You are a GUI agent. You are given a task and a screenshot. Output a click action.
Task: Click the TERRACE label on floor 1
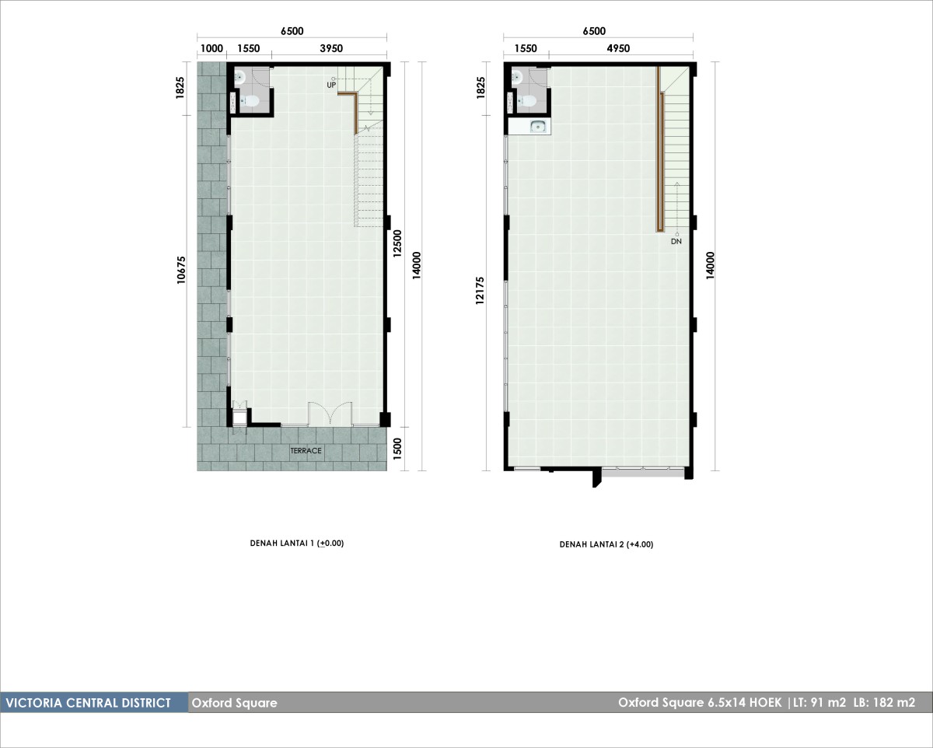[306, 450]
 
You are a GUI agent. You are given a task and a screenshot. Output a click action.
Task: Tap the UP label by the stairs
[331, 85]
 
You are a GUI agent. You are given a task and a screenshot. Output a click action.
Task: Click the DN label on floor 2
[676, 242]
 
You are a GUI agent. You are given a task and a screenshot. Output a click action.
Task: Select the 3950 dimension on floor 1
[331, 48]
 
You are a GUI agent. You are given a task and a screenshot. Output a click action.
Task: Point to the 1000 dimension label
[211, 48]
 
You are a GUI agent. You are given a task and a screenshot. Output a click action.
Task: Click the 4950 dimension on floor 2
[618, 48]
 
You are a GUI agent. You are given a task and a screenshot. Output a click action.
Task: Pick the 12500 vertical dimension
[397, 243]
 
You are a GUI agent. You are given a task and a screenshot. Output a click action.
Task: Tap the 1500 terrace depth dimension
[397, 449]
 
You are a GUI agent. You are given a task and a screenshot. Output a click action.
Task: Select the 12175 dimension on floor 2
[480, 291]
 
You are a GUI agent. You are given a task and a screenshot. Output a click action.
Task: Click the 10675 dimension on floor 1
[181, 270]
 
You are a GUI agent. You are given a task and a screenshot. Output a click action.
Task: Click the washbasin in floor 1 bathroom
[239, 78]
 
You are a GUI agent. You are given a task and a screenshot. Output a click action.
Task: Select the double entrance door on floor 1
[330, 413]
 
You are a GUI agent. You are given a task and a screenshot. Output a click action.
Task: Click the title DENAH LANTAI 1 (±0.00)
[296, 544]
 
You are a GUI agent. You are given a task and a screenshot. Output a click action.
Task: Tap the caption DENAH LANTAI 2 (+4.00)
[606, 544]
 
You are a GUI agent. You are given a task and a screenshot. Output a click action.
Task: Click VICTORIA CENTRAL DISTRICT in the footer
[89, 702]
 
